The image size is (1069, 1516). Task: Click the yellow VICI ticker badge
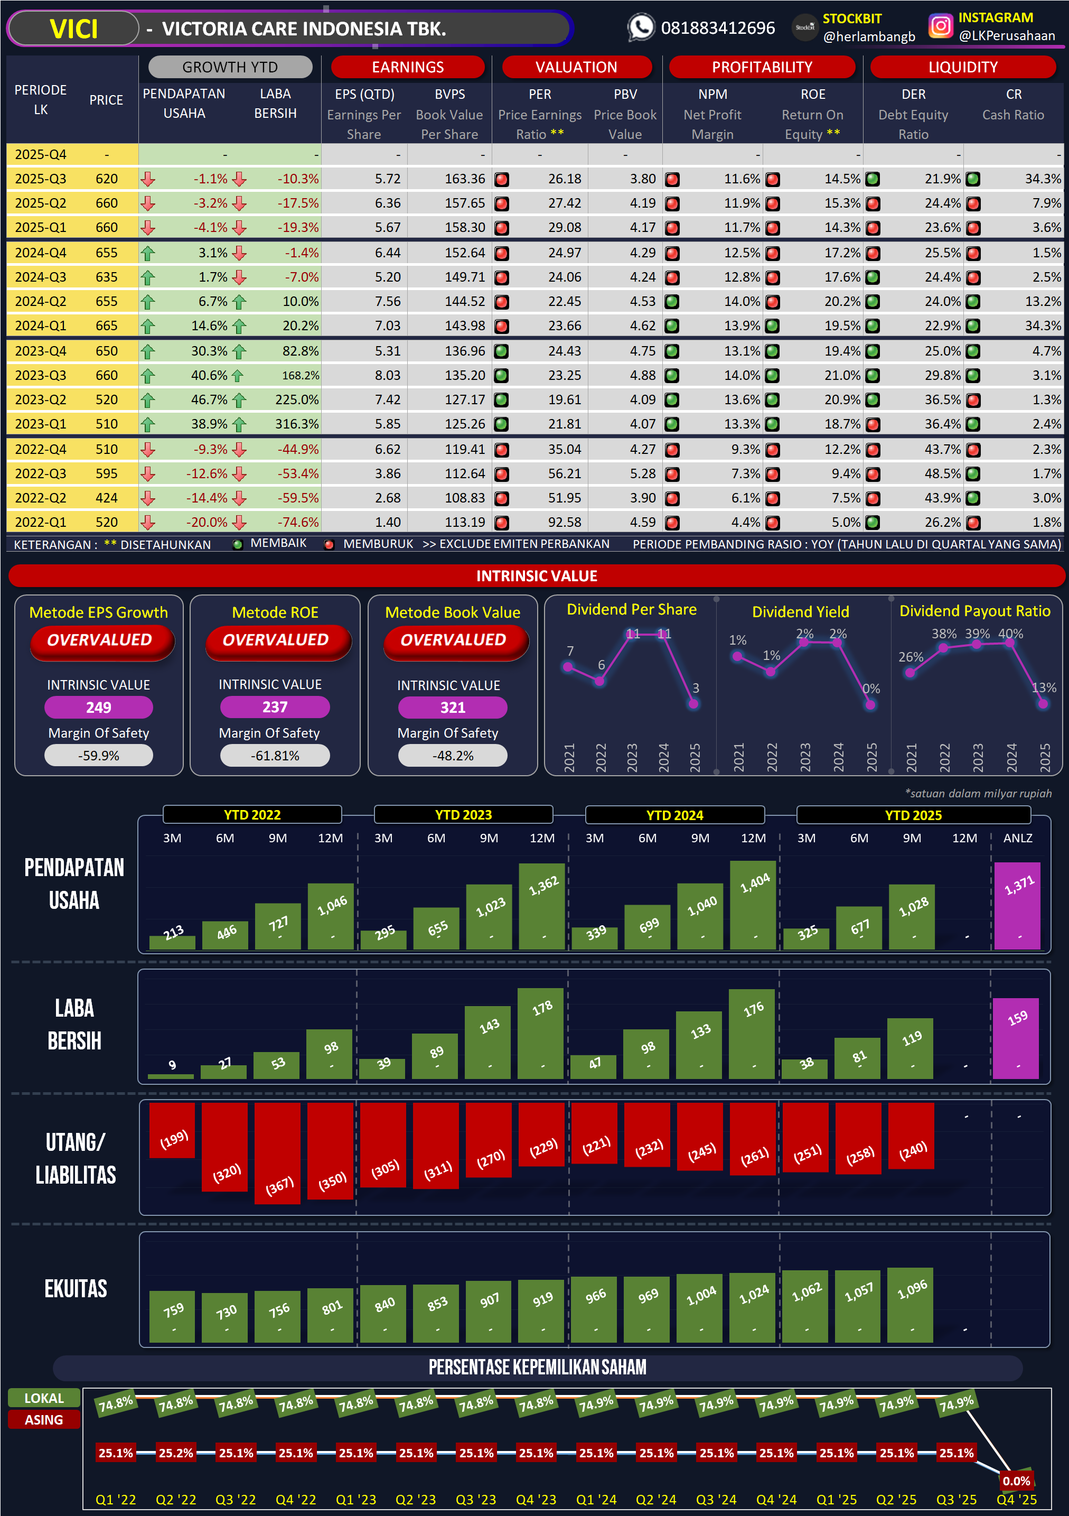73,29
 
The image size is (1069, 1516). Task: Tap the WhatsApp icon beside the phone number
640,27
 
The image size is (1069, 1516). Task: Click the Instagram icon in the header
940,26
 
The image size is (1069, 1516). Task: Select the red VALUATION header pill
576,67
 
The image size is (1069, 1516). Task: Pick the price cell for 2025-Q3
106,179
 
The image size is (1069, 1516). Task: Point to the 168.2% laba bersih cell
300,376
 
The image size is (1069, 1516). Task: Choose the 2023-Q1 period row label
40,424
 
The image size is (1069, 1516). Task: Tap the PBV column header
625,95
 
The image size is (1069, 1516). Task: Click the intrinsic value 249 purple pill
98,707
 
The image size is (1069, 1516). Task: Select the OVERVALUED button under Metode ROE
275,640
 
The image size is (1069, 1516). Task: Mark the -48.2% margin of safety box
453,756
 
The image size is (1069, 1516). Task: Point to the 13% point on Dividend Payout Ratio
1043,704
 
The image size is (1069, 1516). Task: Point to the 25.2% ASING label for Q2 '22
175,1453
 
